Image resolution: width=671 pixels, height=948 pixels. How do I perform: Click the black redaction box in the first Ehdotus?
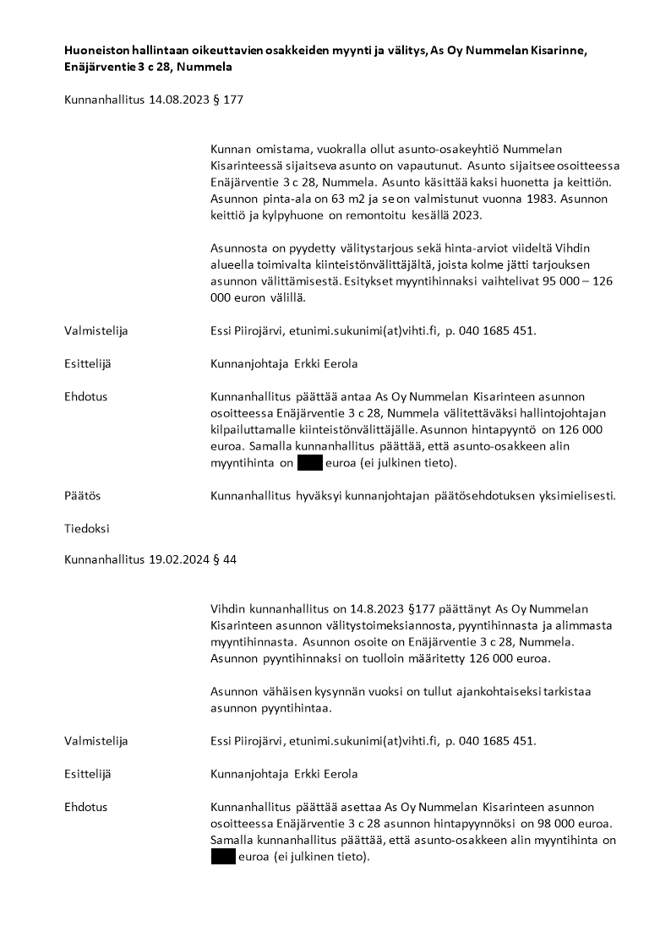pos(310,462)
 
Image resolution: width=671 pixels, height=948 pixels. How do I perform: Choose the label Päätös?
pos(82,496)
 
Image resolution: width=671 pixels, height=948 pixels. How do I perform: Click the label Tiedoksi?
pos(87,528)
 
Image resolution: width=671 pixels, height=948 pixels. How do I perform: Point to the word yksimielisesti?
pos(576,496)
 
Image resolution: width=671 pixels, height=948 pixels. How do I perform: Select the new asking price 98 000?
pos(552,823)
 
